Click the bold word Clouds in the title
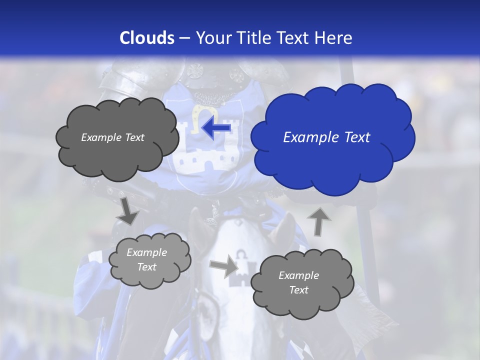point(147,38)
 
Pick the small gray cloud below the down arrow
point(149,260)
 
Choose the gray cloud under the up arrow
point(299,282)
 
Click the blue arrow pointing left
point(216,128)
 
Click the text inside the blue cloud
point(326,137)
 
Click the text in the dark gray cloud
point(112,137)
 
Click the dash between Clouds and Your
point(184,38)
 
